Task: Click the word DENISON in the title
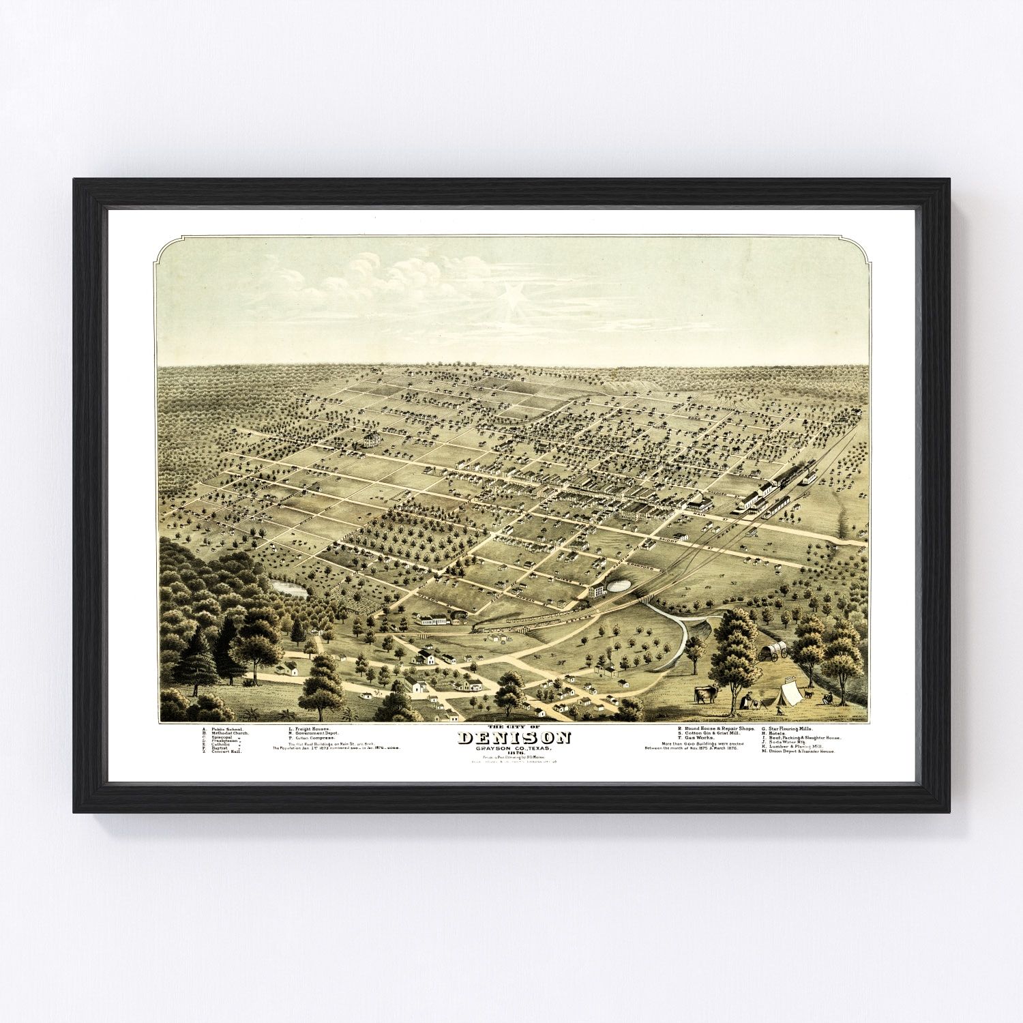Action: pos(514,739)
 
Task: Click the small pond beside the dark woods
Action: pos(288,587)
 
